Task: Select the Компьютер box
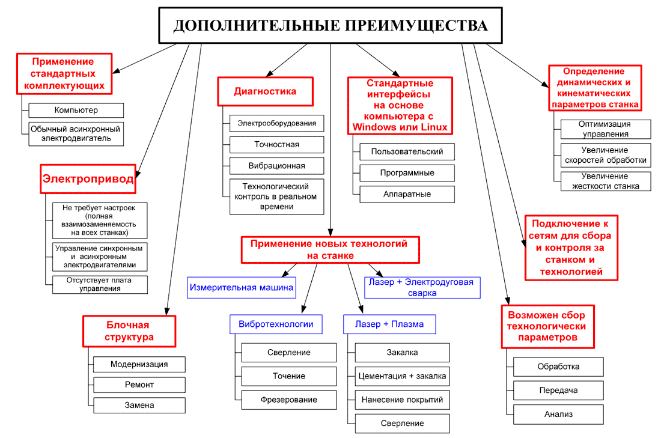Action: (x=76, y=110)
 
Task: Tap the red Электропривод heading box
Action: (x=88, y=178)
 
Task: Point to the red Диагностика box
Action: (x=265, y=92)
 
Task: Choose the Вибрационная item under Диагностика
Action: (x=276, y=166)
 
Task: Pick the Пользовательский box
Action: (x=407, y=151)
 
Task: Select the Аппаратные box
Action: (x=407, y=194)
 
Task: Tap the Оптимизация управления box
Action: (x=605, y=129)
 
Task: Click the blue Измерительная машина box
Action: (x=242, y=288)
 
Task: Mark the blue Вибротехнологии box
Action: (x=276, y=324)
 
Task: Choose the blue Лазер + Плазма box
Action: (x=389, y=324)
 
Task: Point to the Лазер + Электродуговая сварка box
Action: (x=422, y=287)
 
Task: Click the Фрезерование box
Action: (x=288, y=400)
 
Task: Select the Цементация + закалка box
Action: (x=402, y=377)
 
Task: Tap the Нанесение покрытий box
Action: (x=402, y=400)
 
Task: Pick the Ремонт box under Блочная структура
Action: (x=139, y=385)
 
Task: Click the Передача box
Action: (x=558, y=391)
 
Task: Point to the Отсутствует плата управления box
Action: (x=99, y=284)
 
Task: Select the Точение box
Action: (x=288, y=376)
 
